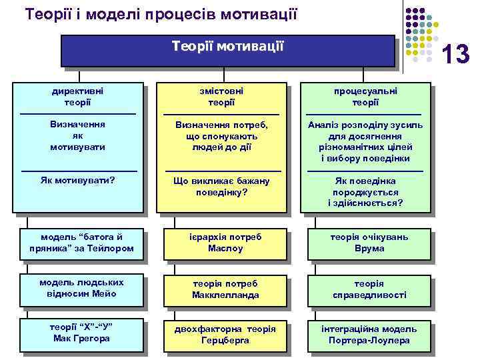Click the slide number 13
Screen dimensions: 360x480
point(457,54)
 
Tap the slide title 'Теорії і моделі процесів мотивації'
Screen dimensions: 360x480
point(161,13)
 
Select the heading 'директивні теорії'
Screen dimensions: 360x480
point(78,97)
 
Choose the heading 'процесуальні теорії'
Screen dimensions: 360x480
point(365,97)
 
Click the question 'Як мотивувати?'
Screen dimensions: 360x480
point(78,181)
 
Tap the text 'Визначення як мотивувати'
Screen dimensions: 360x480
point(78,136)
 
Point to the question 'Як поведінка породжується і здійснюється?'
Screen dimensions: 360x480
point(365,192)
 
